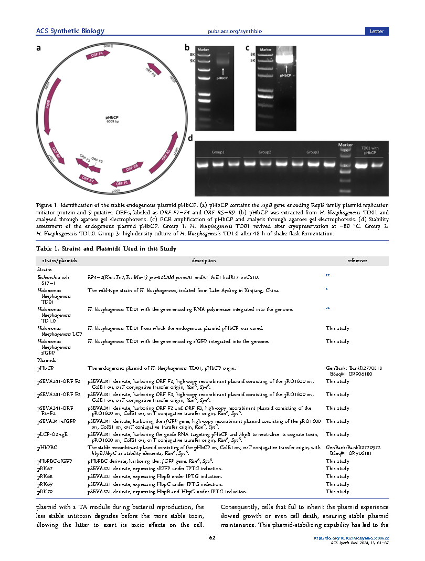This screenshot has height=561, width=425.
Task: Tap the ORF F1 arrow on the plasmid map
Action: click(121, 183)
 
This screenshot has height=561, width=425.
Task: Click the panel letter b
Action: click(186, 48)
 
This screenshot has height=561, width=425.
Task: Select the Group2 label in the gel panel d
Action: click(264, 152)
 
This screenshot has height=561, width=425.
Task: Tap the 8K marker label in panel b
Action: click(192, 54)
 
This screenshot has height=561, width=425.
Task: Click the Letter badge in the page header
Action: click(377, 32)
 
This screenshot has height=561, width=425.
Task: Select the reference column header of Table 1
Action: click(357, 261)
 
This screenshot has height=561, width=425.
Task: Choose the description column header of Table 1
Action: click(204, 261)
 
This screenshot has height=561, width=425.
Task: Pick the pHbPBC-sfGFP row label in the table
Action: click(55, 461)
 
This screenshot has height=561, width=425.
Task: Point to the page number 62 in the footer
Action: click(212, 537)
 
